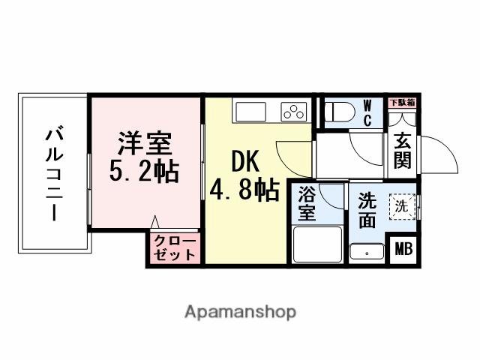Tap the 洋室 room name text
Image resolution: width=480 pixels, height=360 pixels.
pos(145,142)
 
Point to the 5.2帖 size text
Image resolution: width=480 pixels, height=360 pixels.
pos(144,172)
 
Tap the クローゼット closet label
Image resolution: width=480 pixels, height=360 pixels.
pos(175,248)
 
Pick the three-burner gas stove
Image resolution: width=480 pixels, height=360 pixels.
pos(294,112)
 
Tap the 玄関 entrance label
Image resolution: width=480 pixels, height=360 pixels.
pos(403,150)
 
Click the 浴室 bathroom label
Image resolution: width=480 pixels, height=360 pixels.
pos(307,202)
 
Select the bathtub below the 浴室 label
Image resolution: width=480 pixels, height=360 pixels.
pos(315,244)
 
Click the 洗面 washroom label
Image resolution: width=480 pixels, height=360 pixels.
pos(367,210)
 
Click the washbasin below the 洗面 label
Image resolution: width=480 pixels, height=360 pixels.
pos(367,252)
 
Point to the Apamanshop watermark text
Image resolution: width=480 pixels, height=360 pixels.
pos(240,311)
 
